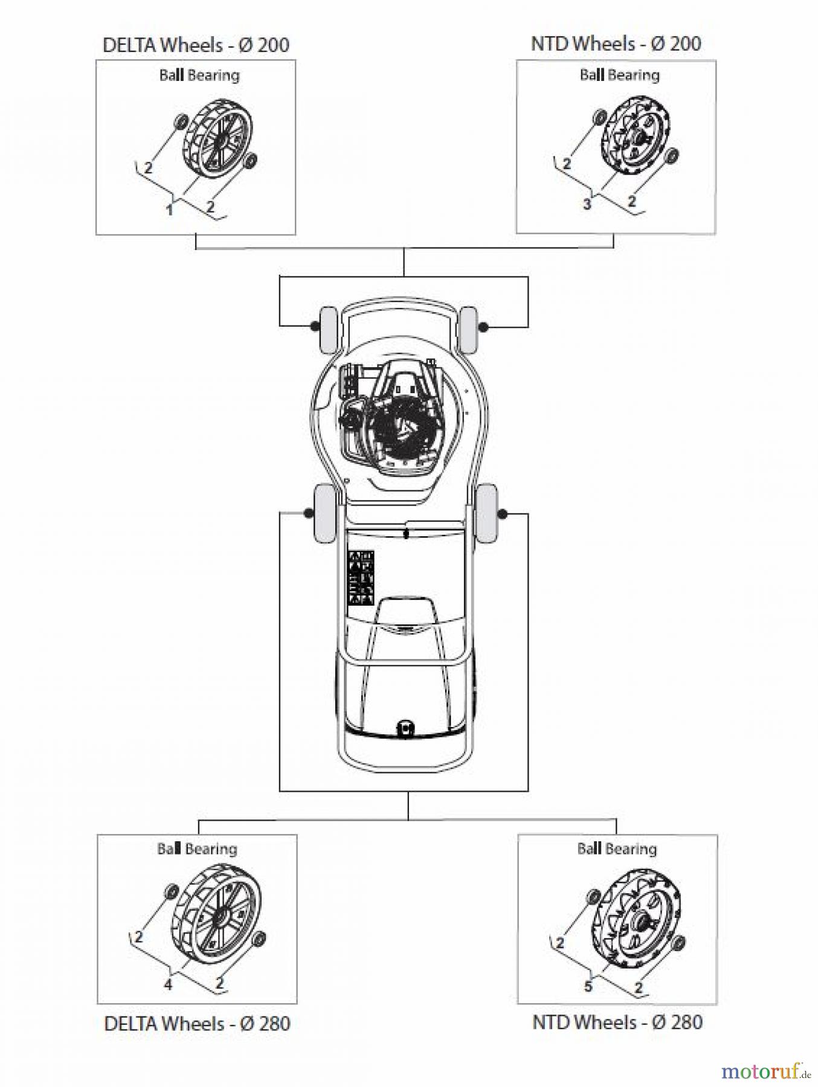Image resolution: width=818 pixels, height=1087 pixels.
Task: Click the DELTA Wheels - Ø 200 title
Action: pos(196,45)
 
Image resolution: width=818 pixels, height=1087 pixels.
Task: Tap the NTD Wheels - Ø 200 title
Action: pos(616,44)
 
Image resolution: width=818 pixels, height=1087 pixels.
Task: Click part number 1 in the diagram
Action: pos(170,210)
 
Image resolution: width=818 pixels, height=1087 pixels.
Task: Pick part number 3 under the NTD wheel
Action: pos(587,205)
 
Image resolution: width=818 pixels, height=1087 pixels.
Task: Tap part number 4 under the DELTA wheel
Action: pos(169,984)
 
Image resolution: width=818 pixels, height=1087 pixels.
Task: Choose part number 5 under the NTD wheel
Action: pos(588,986)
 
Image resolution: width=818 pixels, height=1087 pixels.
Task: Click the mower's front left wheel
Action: pos(328,330)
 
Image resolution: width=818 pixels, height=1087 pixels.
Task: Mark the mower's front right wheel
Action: pos(468,329)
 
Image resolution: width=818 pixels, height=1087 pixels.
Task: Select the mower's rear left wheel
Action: pos(324,513)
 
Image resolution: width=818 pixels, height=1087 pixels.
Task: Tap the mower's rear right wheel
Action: pos(486,515)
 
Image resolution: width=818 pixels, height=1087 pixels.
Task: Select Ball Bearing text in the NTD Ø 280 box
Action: pos(617,848)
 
